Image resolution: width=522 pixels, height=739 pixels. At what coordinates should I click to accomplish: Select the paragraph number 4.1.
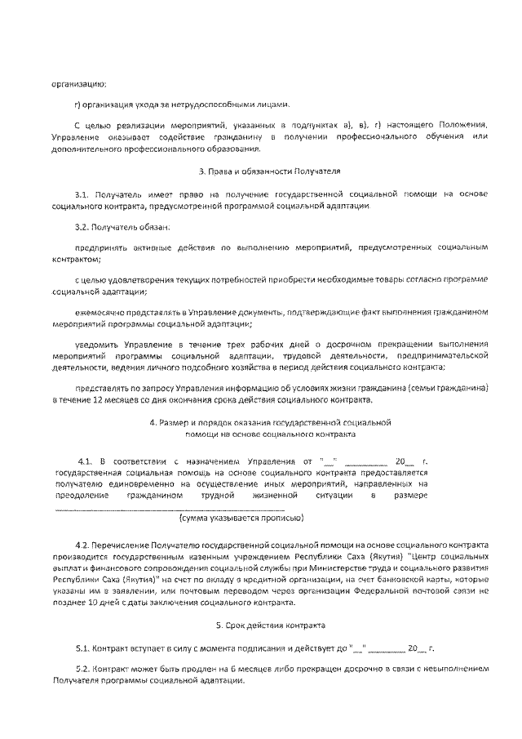pos(86,461)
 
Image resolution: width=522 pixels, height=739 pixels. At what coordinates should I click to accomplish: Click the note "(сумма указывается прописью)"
pos(242,518)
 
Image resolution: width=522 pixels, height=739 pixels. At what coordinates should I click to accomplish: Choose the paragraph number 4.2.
pos(83,544)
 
